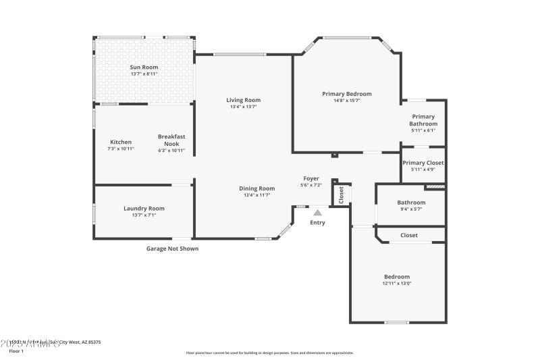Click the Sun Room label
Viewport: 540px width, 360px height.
click(x=143, y=68)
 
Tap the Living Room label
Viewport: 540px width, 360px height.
click(x=243, y=100)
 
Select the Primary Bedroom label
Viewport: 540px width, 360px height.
click(x=347, y=94)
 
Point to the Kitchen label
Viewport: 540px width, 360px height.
click(x=121, y=142)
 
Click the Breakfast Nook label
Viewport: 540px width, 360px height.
click(x=171, y=139)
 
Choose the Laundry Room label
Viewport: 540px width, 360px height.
click(x=144, y=209)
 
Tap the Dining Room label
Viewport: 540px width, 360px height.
click(x=257, y=188)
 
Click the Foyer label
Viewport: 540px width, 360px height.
click(x=310, y=178)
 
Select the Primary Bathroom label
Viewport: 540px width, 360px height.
click(x=423, y=120)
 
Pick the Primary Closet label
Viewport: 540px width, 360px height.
click(x=423, y=163)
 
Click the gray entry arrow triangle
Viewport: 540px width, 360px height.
click(x=317, y=212)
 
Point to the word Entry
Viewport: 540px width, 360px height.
click(x=317, y=222)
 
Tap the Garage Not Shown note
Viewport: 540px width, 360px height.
click(x=173, y=249)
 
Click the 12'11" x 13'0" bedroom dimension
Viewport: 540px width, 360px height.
click(x=397, y=284)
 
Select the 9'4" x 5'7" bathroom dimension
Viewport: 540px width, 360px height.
click(x=411, y=209)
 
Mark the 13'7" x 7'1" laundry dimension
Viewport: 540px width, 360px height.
click(x=144, y=215)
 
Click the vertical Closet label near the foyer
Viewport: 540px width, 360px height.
click(x=341, y=195)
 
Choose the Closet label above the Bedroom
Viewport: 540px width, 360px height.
click(x=409, y=235)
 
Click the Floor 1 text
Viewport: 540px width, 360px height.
click(x=16, y=351)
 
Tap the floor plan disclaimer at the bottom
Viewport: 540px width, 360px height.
click(x=269, y=353)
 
